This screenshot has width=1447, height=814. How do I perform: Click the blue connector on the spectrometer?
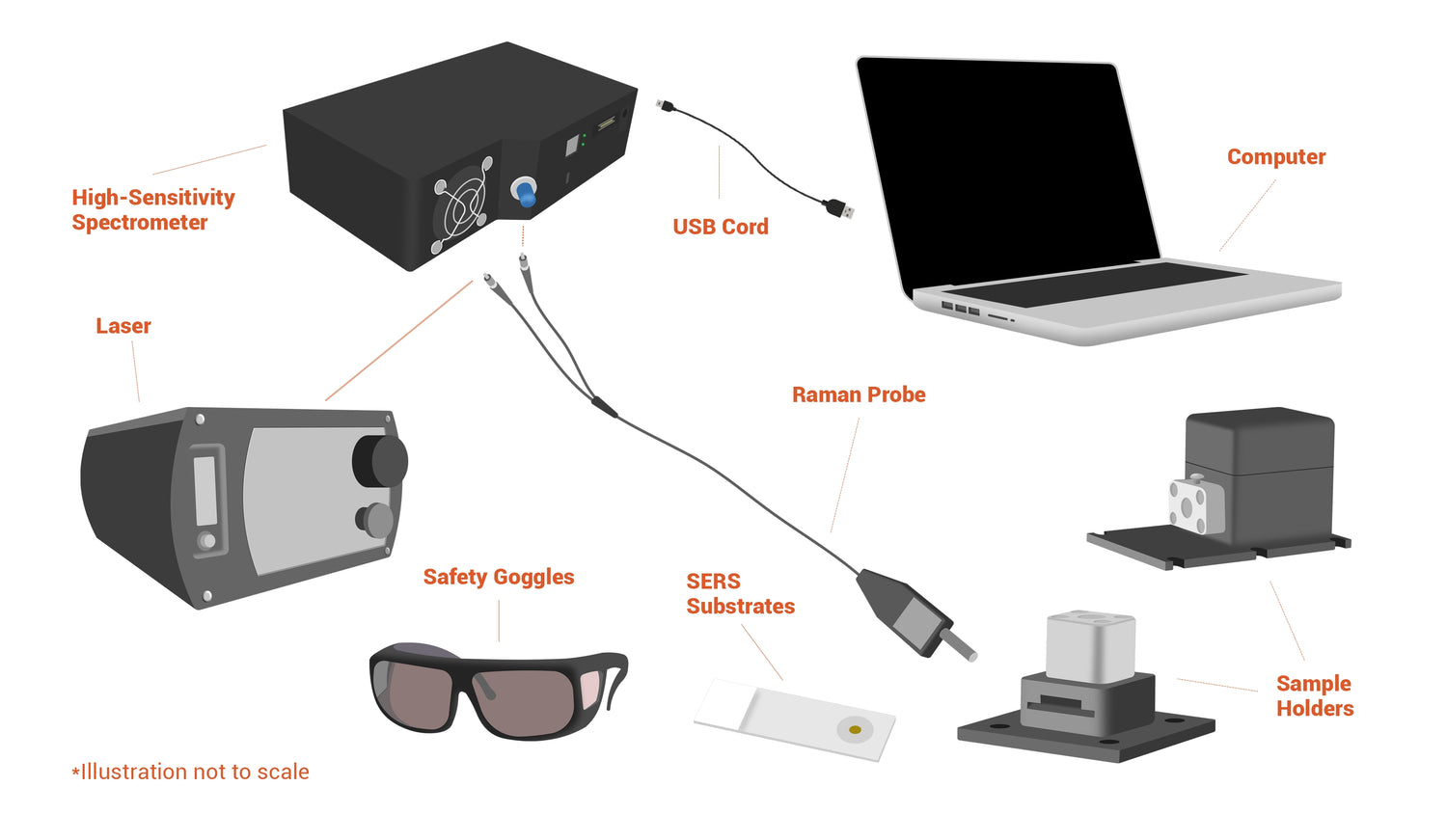coord(525,193)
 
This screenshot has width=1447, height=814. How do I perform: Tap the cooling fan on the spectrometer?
coord(461,205)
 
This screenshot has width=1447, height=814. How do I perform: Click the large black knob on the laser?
coord(380,461)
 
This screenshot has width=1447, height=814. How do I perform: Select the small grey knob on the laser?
coord(374,520)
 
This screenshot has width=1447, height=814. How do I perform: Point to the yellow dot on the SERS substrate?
coord(855,730)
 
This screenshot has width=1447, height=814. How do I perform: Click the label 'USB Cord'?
coord(721,227)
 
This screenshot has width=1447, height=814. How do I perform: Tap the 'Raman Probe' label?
coord(859,394)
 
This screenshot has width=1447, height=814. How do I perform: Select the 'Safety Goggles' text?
coord(499,577)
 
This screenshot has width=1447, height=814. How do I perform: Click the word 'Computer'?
coord(1276,157)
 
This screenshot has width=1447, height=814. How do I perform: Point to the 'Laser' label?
coord(123,326)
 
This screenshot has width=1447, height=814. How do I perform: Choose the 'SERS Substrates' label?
coord(740,594)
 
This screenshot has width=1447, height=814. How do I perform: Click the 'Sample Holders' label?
coord(1315,695)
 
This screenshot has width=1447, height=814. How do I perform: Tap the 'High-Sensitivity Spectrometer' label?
coord(153,209)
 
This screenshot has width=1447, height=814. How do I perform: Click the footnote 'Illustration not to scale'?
coord(191,772)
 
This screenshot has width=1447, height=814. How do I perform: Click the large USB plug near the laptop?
coord(839,208)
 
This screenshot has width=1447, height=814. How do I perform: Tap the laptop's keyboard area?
coord(1092,285)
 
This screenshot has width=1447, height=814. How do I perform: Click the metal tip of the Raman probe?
coord(958,646)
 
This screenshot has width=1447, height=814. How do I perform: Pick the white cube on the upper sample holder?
coord(1196,505)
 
